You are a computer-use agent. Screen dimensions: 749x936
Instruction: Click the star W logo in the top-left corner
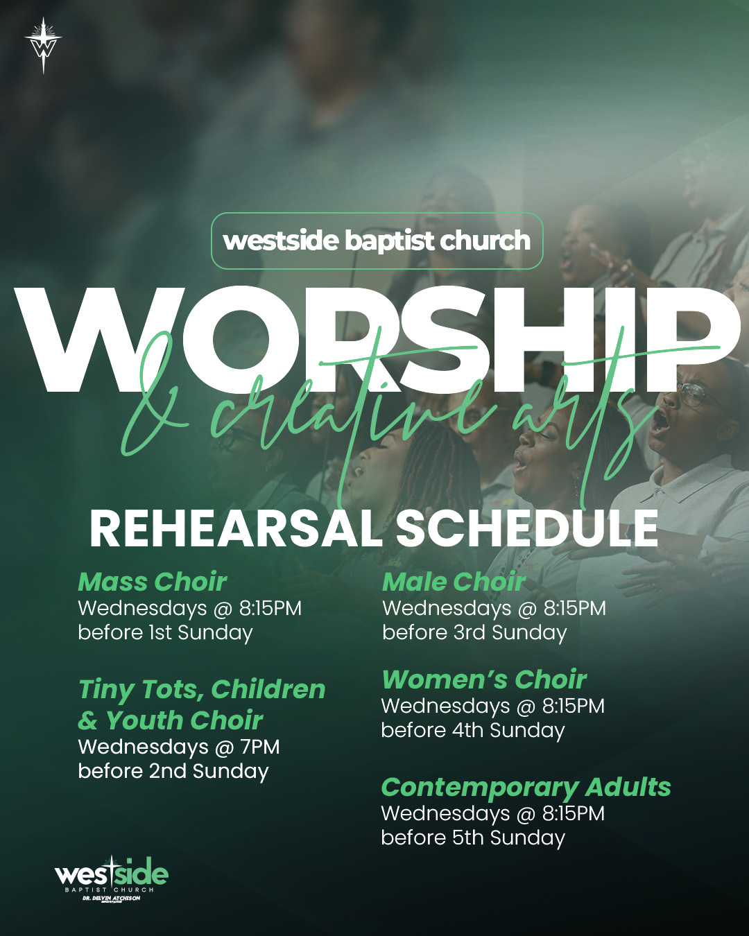point(43,45)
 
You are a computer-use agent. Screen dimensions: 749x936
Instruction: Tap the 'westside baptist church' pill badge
point(377,241)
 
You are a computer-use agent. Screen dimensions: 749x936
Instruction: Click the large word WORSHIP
point(377,339)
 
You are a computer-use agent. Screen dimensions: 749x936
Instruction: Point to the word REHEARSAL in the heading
point(236,528)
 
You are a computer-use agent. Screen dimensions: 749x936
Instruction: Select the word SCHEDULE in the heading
point(526,528)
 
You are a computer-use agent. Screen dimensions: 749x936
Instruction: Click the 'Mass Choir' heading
point(153,582)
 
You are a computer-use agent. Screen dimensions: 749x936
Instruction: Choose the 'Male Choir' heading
point(454,582)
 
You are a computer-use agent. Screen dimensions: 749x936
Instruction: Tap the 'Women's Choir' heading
point(484,679)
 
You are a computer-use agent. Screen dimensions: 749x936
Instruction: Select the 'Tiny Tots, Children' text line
point(202,691)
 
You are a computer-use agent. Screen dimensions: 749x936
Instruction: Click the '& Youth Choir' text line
point(170,720)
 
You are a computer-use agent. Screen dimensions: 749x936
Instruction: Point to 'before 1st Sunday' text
point(165,633)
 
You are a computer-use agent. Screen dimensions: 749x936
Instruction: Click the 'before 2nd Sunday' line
point(173,771)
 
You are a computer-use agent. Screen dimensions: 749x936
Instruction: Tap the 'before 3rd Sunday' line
point(474,633)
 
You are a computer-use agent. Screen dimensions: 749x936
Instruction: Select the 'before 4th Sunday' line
point(473,730)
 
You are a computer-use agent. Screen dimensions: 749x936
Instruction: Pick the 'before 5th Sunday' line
point(473,838)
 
